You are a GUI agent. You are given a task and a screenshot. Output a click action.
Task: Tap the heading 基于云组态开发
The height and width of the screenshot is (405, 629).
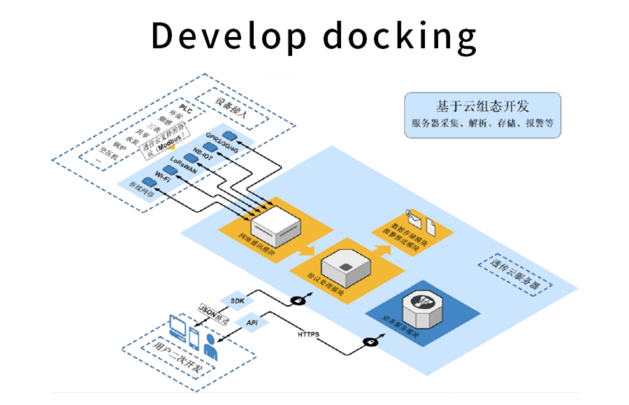482,106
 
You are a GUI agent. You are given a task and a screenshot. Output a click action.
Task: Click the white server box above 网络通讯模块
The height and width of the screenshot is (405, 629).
275,222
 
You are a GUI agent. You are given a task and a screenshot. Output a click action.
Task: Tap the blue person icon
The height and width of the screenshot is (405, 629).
210,346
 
